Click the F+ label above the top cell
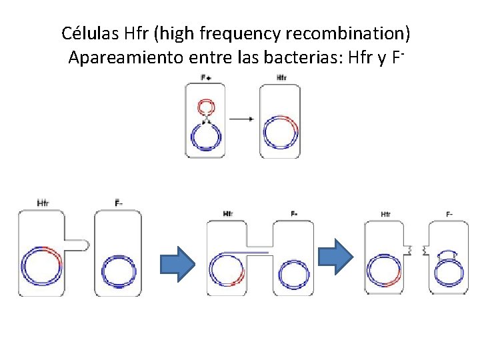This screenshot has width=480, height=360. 206,77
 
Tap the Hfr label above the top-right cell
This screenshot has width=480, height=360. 281,77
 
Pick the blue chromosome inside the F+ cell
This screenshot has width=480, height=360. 206,137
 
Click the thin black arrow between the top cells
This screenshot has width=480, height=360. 241,119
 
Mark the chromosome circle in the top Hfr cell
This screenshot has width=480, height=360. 281,131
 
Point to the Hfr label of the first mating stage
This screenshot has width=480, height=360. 43,203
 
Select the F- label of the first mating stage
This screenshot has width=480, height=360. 118,203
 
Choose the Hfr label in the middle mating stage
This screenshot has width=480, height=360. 228,214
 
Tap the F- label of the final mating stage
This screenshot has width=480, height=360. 449,214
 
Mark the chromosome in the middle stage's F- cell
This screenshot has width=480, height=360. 294,273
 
